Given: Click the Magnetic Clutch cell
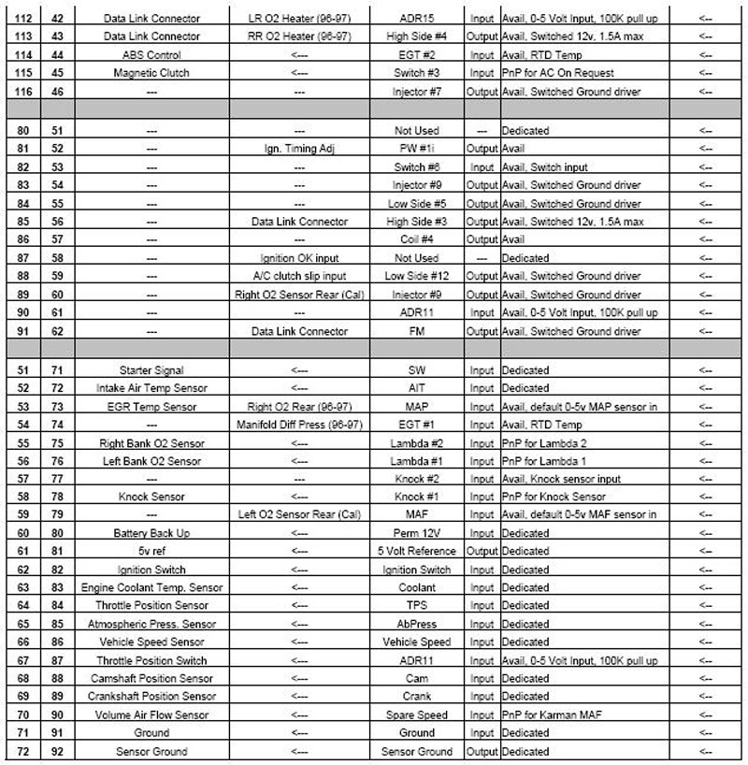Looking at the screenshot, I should point(151,73).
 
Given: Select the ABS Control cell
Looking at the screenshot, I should point(151,54).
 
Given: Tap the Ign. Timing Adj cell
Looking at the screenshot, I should point(299,149).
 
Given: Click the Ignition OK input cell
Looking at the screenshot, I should point(299,258).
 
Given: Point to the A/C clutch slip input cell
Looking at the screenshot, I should point(299,276).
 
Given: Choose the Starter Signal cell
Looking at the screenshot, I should point(151,370).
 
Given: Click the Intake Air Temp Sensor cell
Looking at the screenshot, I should point(151,388).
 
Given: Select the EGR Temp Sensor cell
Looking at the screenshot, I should point(151,406).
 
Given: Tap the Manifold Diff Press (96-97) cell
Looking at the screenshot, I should point(299,425).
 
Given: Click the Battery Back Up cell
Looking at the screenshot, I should point(151,533).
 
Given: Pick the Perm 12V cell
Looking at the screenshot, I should point(416,533).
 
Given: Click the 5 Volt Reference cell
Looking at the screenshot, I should point(416,552).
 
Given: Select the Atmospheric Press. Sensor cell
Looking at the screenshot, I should point(151,624).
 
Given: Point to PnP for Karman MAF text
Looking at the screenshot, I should point(551,714).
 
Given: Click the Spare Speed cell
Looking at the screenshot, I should point(416,714).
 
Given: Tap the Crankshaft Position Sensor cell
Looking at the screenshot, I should point(151,697).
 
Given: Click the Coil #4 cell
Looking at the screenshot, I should point(416,240).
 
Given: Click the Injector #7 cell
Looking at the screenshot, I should point(416,91).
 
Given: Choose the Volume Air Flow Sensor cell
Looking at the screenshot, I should point(151,714).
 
